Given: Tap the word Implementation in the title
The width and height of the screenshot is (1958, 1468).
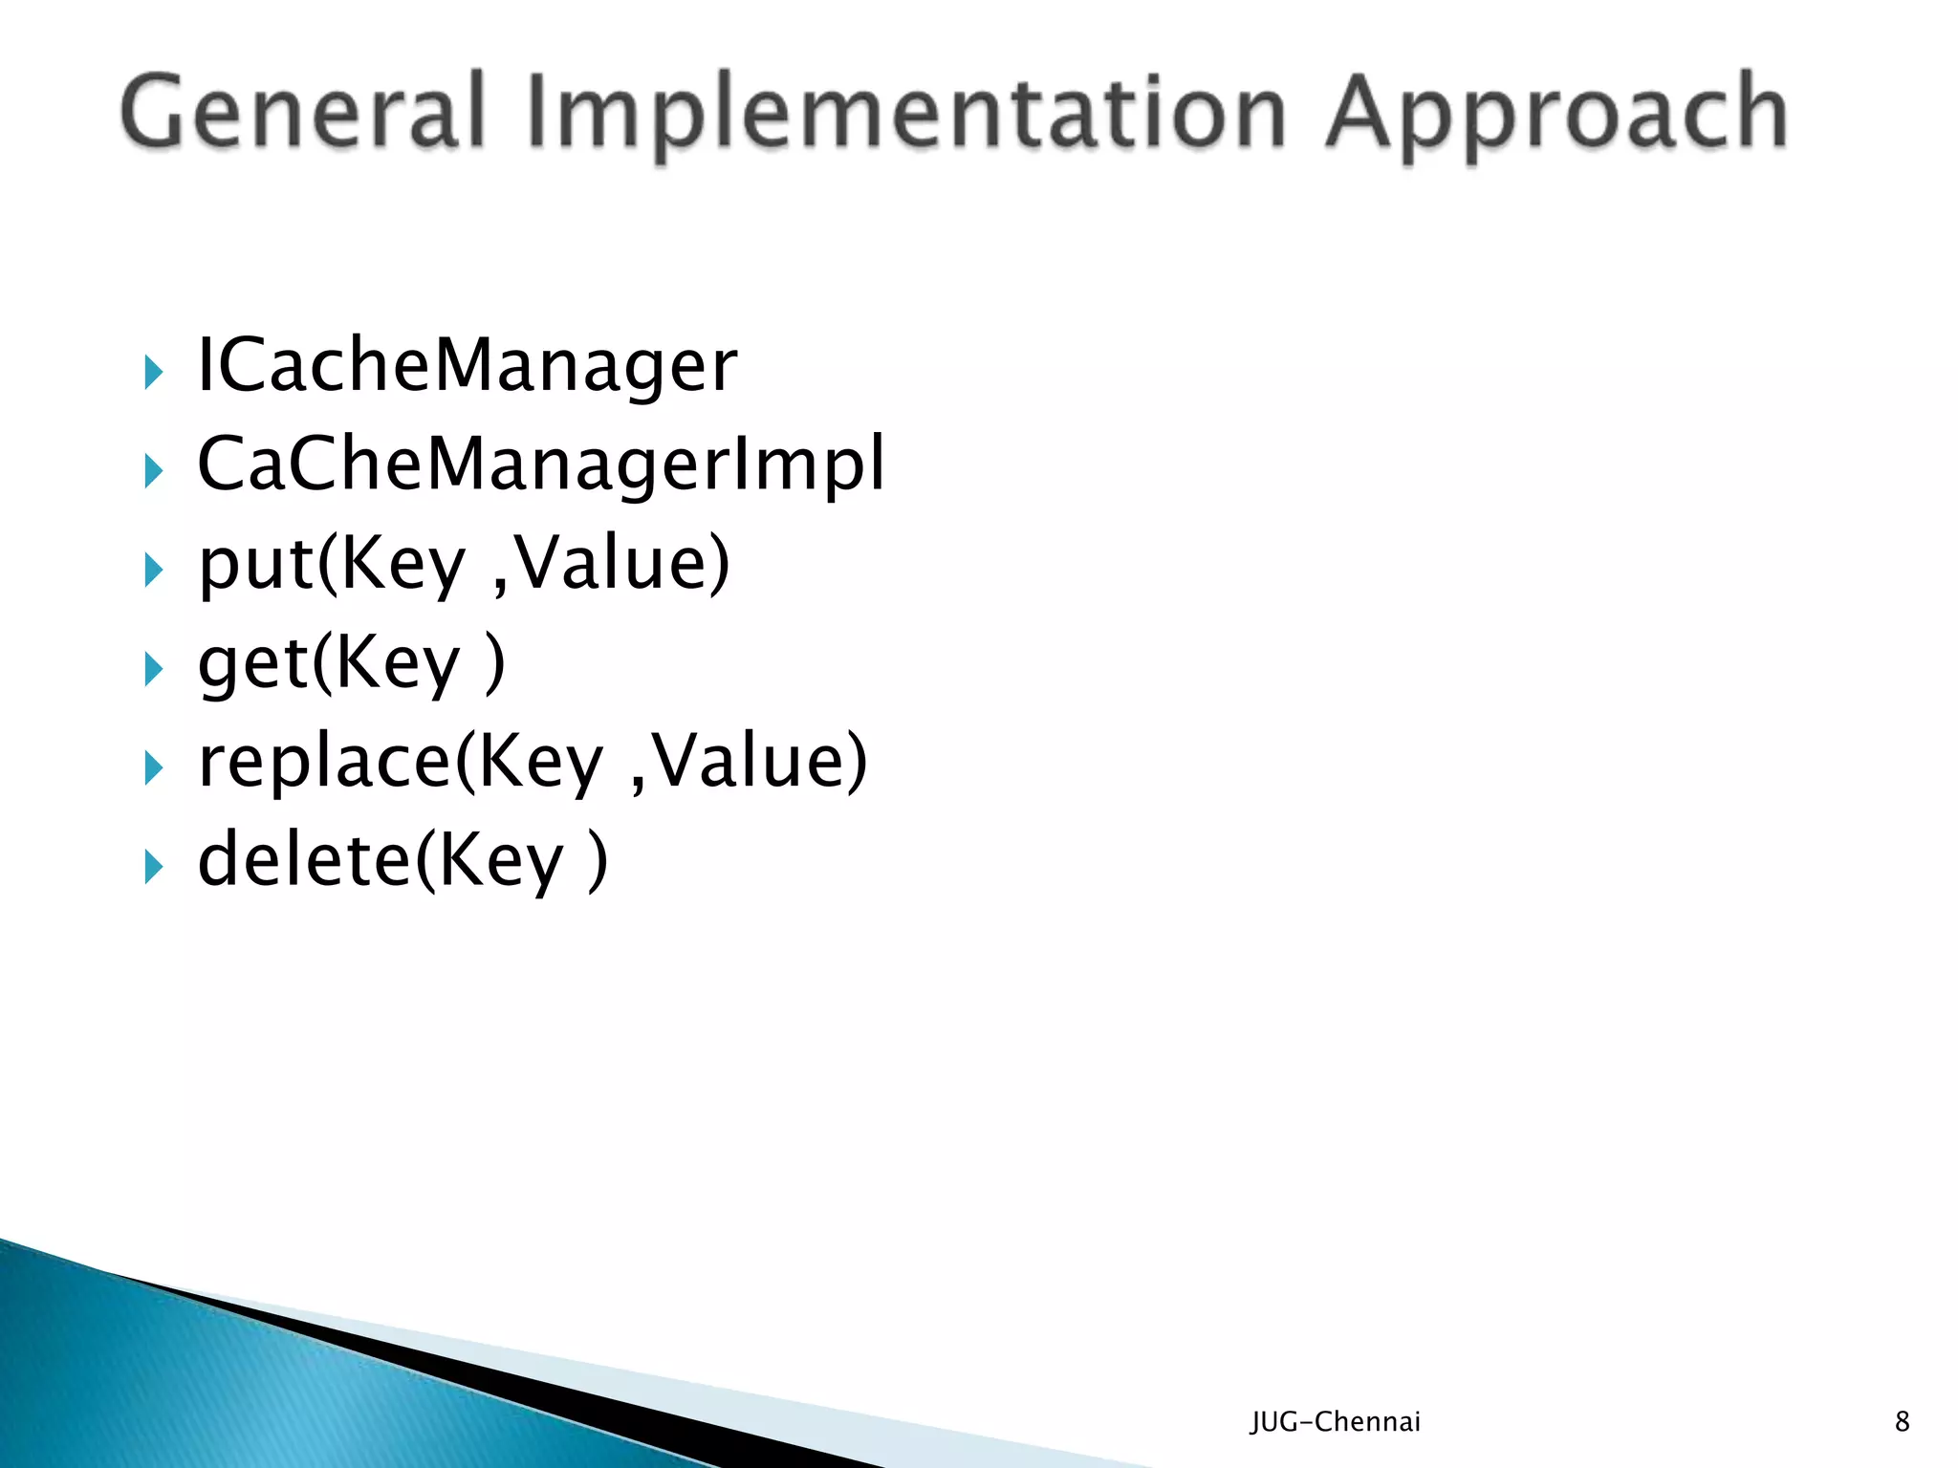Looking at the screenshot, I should (x=904, y=117).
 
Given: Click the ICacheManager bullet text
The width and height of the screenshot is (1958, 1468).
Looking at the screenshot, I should (x=467, y=367).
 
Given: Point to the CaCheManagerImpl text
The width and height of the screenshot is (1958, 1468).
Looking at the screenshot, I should (x=541, y=465).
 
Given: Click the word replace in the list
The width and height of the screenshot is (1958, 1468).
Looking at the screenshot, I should (x=323, y=763).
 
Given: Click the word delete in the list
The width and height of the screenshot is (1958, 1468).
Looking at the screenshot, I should (x=304, y=860).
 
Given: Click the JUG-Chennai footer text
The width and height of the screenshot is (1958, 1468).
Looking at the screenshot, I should (x=1335, y=1422).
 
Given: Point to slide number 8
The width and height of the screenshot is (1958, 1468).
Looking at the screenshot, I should (x=1902, y=1422).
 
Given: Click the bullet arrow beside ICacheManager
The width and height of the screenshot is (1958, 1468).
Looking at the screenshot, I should (x=153, y=372).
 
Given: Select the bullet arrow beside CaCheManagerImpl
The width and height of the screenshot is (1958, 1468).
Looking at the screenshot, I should (x=153, y=471).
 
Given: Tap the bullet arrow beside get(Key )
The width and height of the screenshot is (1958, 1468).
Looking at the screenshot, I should (x=153, y=669).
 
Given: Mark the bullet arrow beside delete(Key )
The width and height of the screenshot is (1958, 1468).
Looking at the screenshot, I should (x=153, y=867).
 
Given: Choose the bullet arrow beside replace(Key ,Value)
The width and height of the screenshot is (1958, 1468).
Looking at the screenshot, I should (x=153, y=767).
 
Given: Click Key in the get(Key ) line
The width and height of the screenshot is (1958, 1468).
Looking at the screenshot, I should (x=398, y=666).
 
